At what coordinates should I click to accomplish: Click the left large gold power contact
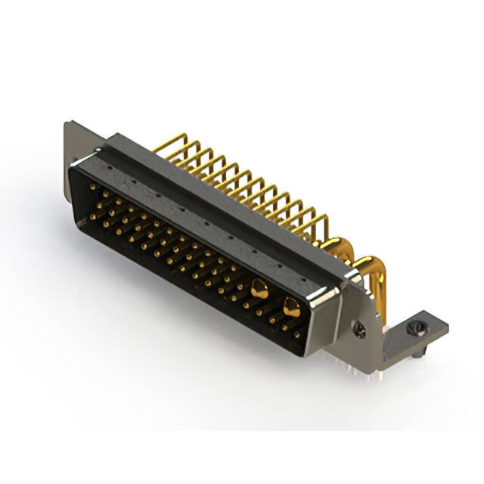point(259,287)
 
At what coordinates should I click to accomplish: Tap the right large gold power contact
point(290,306)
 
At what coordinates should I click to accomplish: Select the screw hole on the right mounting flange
point(360,330)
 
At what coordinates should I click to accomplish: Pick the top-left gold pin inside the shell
point(93,186)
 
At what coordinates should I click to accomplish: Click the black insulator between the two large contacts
point(275,297)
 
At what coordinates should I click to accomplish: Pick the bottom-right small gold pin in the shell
point(297,334)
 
